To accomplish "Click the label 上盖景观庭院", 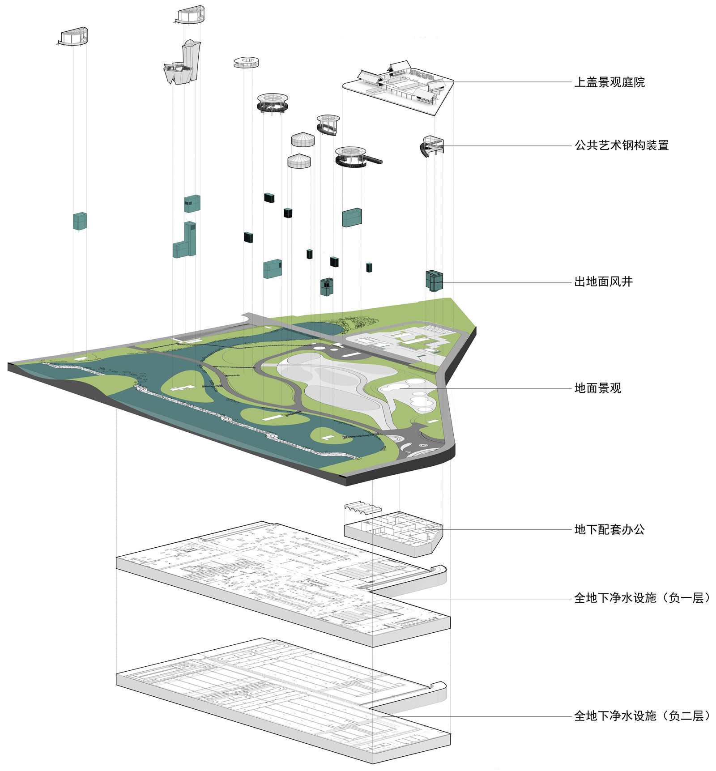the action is [609, 82].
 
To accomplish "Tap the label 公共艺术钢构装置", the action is [622, 145].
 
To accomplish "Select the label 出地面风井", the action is [604, 282].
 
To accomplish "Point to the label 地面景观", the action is [598, 388].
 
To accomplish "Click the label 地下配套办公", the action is [609, 529].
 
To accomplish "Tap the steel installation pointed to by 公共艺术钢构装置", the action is [432, 146].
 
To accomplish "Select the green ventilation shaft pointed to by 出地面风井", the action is [434, 281].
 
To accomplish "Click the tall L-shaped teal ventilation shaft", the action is [184, 240].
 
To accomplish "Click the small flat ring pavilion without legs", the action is [246, 62].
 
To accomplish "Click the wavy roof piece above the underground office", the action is [363, 507].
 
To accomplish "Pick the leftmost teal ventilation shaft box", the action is [80, 221].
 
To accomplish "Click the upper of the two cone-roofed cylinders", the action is [303, 139].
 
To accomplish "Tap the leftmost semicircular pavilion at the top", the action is [73, 37].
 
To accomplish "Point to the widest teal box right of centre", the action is [352, 217].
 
